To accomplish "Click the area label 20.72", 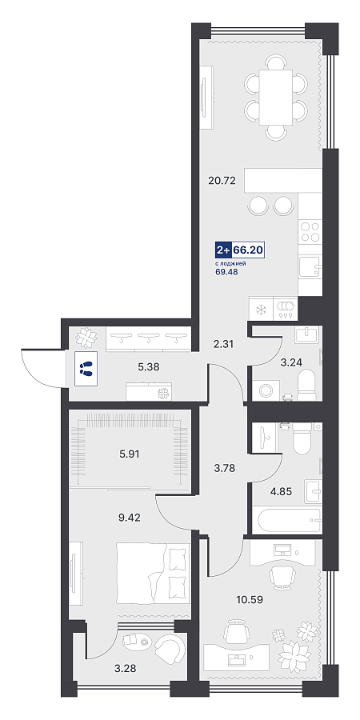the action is (222, 181).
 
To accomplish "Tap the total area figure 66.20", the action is (248, 250).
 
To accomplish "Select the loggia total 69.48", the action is (227, 272).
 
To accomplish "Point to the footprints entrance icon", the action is (86, 368).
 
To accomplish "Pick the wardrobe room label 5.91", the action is (130, 454).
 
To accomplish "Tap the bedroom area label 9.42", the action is (130, 518).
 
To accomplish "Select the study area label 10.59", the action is (250, 599).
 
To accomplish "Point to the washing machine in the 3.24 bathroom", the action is (266, 390).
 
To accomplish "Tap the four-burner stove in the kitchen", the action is (310, 231).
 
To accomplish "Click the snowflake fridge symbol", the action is (261, 309).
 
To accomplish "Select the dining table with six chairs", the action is (275, 97).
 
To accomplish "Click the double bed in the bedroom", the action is (153, 573).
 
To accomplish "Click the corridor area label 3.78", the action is (226, 468).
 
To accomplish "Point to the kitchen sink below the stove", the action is (310, 267).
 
